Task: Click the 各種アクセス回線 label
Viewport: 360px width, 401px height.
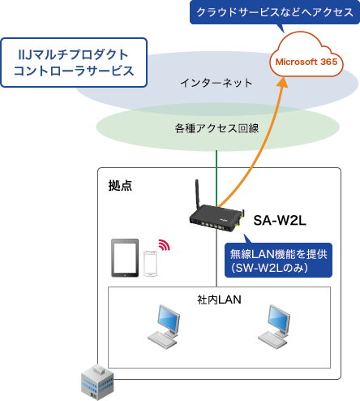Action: click(217, 128)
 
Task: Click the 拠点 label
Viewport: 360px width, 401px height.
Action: click(121, 185)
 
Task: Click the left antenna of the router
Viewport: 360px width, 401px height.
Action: click(195, 196)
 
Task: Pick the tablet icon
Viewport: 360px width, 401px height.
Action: click(125, 259)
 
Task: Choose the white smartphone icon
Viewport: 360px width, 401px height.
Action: click(151, 265)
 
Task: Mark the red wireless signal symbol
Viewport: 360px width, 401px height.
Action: click(165, 244)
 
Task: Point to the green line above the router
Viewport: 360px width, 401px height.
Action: click(216, 175)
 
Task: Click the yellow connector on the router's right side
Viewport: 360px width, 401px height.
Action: click(241, 217)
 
